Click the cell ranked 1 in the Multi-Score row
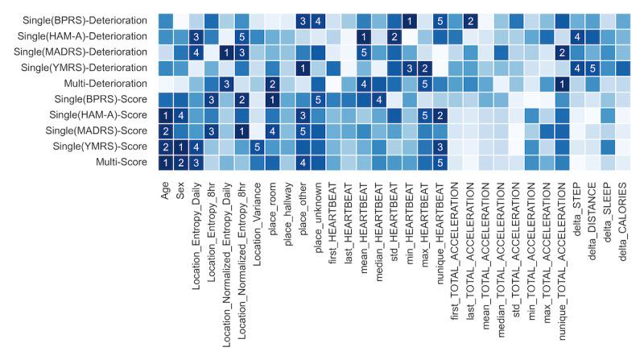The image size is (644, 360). (x=165, y=162)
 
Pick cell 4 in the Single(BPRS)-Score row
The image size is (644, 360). (x=378, y=99)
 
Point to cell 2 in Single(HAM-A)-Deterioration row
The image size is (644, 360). (x=394, y=36)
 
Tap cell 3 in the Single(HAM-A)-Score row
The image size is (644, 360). (x=303, y=114)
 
